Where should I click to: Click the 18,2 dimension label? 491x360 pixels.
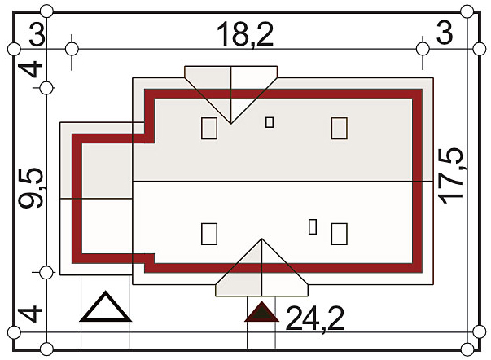coord(245,34)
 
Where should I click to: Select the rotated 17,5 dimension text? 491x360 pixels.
coord(450,175)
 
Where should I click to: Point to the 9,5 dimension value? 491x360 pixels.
coord(30,188)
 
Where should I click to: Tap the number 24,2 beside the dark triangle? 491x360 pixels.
coord(314,318)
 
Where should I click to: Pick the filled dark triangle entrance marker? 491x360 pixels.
coord(261,312)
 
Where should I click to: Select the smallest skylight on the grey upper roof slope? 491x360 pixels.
coord(270,122)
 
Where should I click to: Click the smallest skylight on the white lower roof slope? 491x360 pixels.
coord(313,226)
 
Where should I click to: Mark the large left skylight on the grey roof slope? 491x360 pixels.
coord(209,128)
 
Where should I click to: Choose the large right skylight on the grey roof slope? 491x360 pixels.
coord(340,128)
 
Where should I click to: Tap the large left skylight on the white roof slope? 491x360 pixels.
coord(209,234)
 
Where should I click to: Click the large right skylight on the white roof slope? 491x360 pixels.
coord(340,234)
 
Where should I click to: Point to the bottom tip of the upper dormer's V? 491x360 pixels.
coord(231,124)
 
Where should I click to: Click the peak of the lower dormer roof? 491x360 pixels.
coord(261,239)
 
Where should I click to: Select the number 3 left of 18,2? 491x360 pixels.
coord(37,34)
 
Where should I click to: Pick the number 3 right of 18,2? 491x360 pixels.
coord(445,33)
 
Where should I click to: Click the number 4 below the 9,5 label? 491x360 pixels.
coord(30,314)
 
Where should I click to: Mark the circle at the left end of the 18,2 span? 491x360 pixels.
coord(72,49)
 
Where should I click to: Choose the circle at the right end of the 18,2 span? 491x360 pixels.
coord(423,49)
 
